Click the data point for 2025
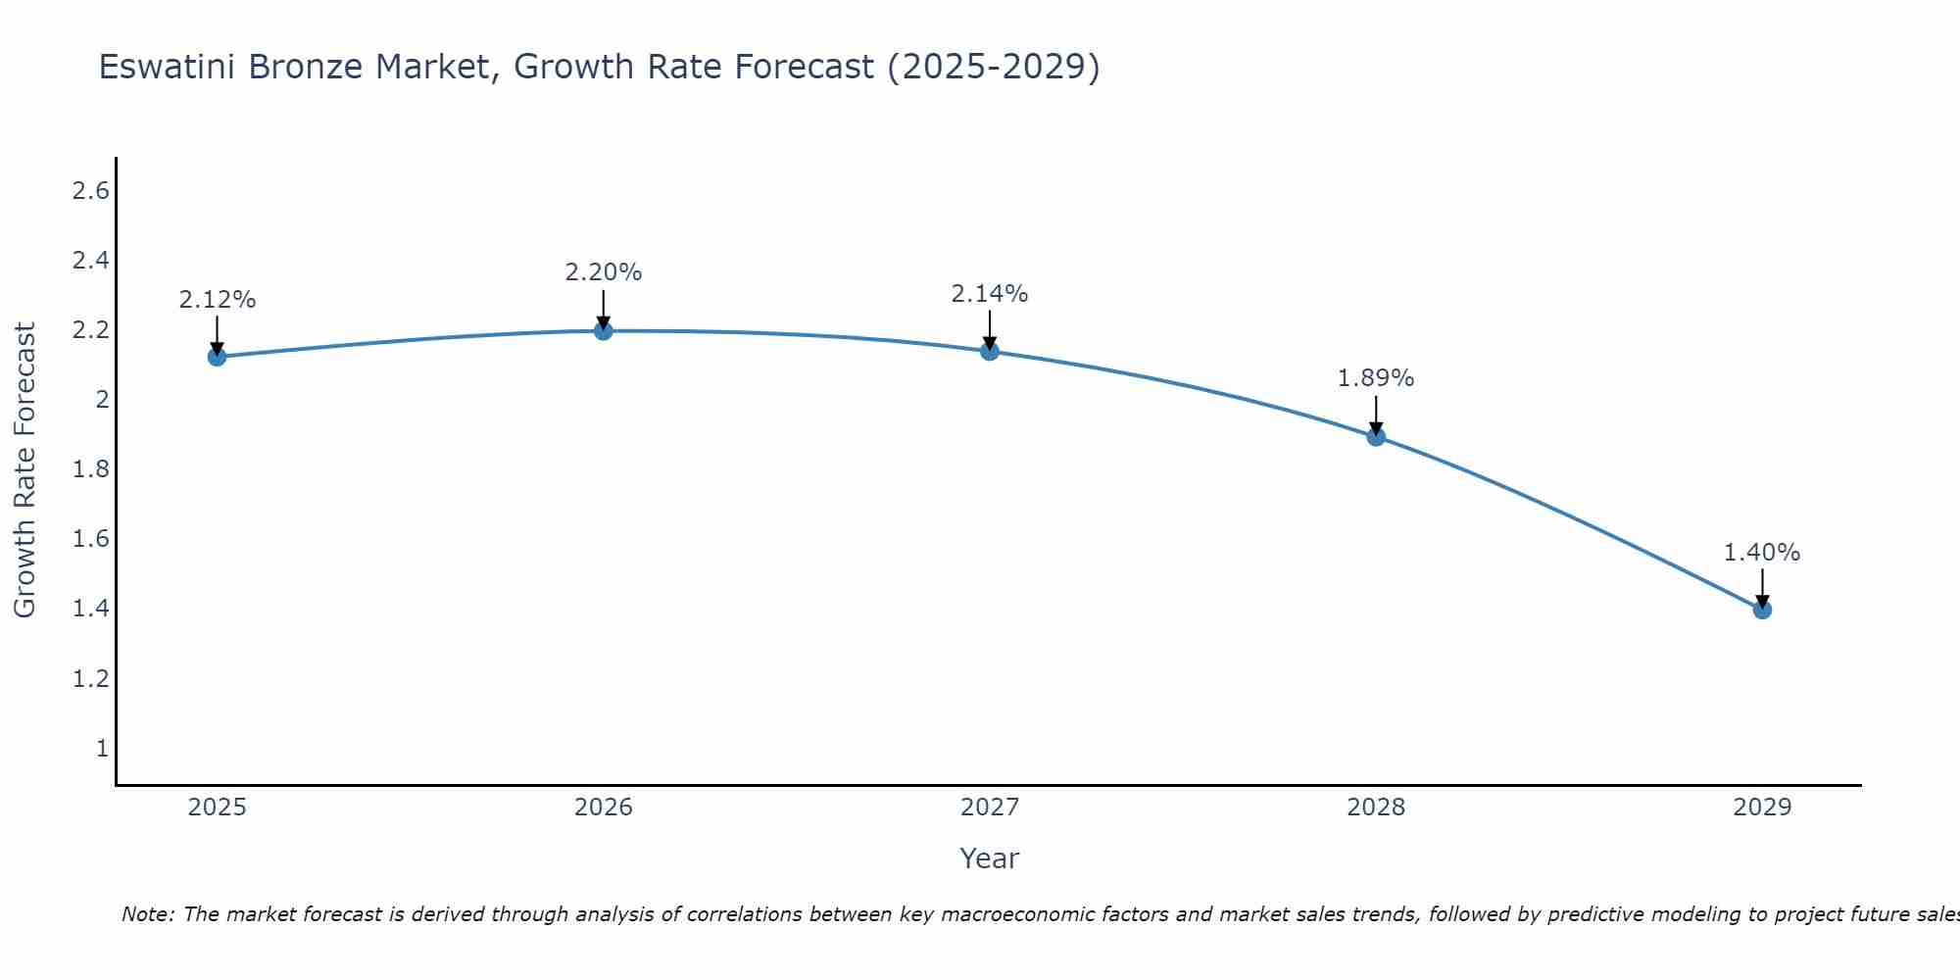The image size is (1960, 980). tap(217, 357)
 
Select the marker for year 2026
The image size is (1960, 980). tap(603, 331)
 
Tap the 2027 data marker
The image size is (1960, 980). tap(990, 351)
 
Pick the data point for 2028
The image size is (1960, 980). tap(1376, 437)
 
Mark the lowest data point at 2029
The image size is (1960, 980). tap(1762, 610)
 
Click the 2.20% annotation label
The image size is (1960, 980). tap(603, 272)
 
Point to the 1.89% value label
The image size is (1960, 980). tap(1376, 378)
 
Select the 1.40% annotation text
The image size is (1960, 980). tap(1762, 553)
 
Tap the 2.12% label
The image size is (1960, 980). tap(217, 300)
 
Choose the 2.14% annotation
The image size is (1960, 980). tap(990, 293)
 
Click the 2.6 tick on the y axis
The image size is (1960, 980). tap(90, 191)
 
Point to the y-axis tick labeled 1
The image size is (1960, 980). tap(102, 749)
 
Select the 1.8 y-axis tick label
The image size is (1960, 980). tap(90, 469)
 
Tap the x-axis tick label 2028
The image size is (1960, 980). tap(1376, 808)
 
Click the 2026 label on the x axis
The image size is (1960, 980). tap(603, 808)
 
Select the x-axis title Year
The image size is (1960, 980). tap(990, 858)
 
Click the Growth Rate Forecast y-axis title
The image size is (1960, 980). tap(24, 470)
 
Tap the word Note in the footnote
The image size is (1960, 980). tap(147, 914)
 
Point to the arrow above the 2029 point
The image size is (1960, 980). tap(1762, 588)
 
